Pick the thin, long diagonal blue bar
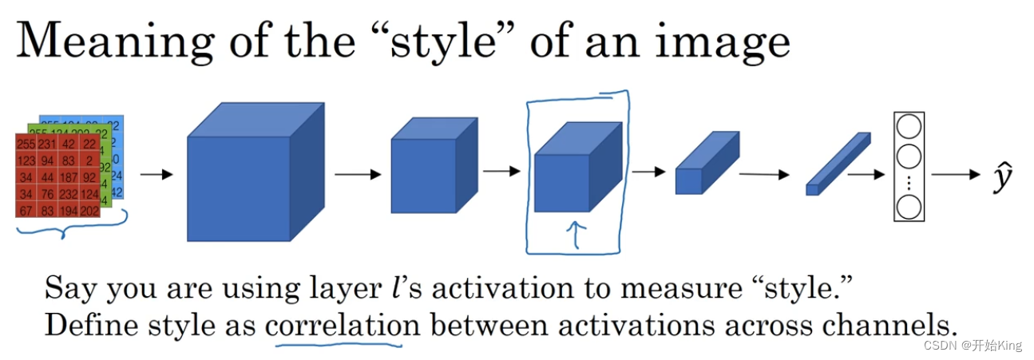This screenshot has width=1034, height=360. [x=837, y=163]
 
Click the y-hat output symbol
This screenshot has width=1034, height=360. [x=1004, y=177]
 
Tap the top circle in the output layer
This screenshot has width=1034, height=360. [x=909, y=127]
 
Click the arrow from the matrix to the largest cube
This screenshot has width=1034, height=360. [x=156, y=174]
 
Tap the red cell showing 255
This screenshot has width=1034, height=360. [x=26, y=144]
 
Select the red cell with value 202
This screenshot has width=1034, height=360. [x=89, y=210]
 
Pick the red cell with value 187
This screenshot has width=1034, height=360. [x=69, y=177]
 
